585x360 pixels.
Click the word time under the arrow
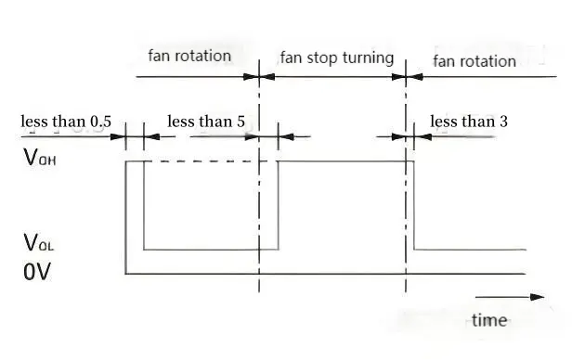489,320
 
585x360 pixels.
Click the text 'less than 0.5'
66,121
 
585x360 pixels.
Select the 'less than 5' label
207,121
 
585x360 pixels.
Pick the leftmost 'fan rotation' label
189,55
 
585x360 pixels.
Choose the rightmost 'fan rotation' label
474,60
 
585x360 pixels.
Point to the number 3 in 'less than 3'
502,121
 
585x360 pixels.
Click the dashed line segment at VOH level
200,161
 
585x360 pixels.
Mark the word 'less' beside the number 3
443,121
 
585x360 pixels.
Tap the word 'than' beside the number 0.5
70,121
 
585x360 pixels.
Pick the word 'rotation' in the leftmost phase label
203,55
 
